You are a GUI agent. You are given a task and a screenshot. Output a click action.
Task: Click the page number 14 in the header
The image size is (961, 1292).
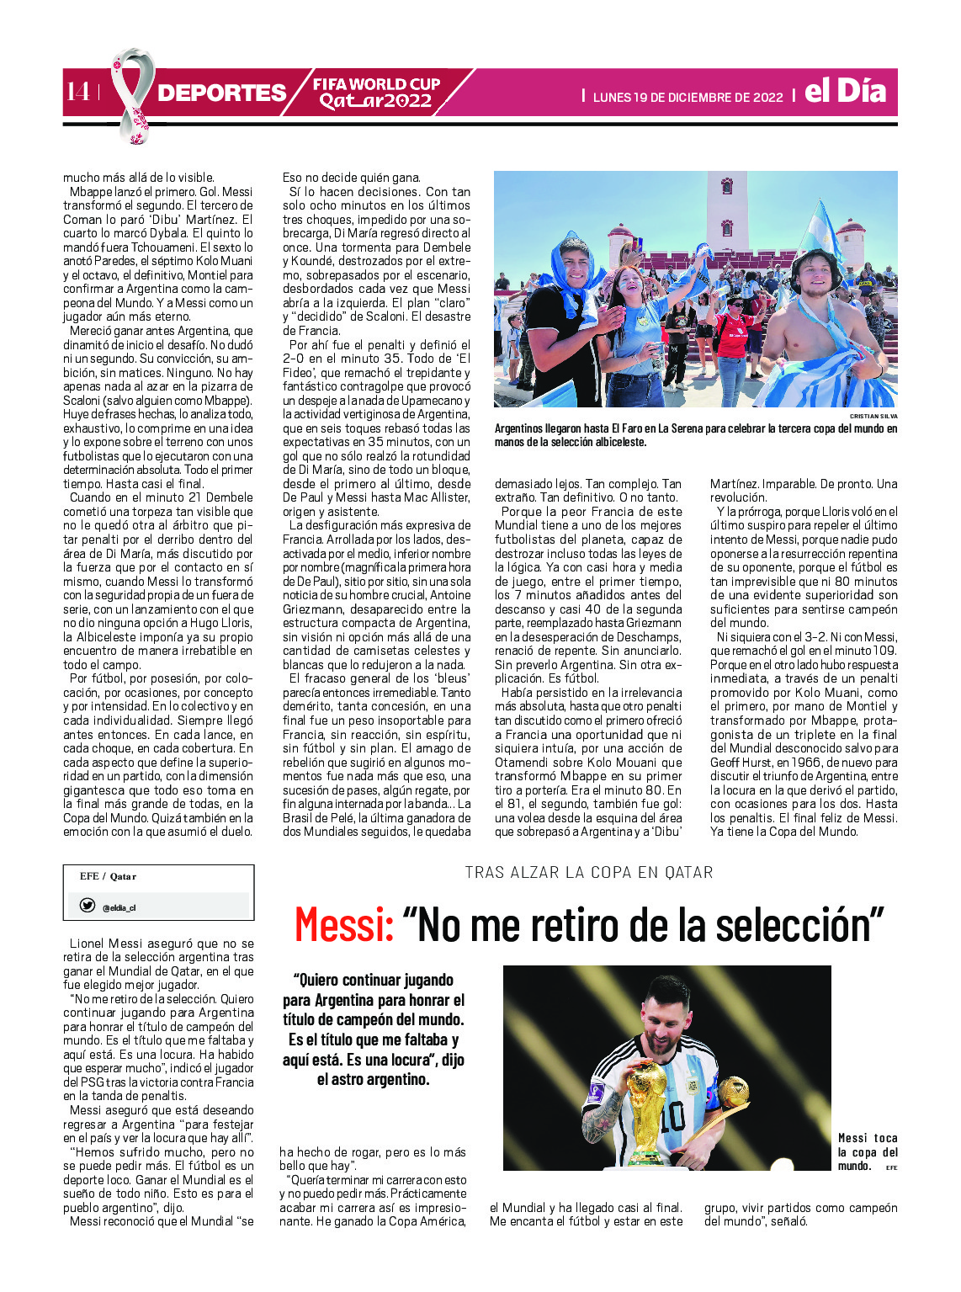(77, 92)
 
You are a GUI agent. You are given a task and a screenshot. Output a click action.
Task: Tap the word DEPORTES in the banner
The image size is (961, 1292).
(221, 93)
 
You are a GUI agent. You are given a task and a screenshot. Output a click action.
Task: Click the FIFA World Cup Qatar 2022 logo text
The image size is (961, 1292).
(376, 93)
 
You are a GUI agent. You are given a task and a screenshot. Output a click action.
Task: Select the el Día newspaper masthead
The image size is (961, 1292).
(845, 91)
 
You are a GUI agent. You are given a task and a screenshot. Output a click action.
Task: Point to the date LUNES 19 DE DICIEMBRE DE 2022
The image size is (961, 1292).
(688, 98)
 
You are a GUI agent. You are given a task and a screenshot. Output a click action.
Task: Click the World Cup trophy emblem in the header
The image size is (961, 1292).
(133, 94)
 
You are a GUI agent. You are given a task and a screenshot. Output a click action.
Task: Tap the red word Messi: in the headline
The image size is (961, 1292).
(344, 925)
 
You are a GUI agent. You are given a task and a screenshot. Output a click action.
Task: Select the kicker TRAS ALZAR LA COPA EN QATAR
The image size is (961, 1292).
(589, 873)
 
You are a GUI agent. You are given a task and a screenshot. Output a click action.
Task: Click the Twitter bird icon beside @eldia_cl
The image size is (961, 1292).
(87, 906)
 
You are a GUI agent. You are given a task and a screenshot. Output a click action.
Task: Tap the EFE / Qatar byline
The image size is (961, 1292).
(108, 876)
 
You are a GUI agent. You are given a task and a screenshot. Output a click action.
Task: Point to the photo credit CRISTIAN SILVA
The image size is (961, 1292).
(873, 416)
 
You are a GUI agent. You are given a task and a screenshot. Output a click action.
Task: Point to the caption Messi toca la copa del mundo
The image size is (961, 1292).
(867, 1151)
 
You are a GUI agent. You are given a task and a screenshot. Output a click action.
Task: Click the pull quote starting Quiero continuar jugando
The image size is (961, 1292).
(374, 1029)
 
